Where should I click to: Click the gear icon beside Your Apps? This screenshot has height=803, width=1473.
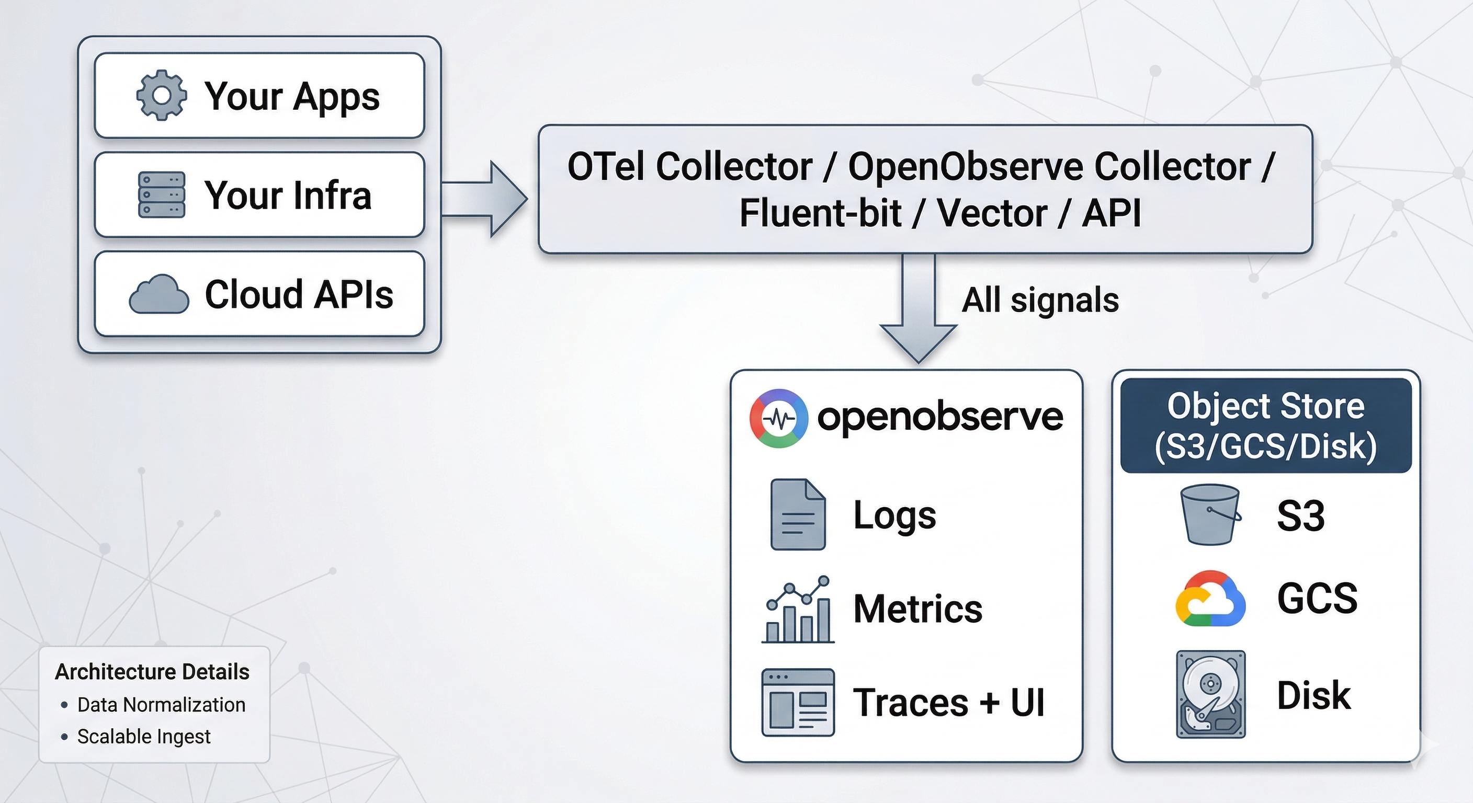pyautogui.click(x=161, y=96)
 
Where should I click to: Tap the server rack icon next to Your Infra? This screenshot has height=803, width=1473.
pyautogui.click(x=161, y=195)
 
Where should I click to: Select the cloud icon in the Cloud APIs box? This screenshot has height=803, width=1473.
pyautogui.click(x=159, y=294)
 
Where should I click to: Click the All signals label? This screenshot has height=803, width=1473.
pyautogui.click(x=1039, y=300)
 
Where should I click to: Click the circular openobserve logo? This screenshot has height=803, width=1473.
pyautogui.click(x=778, y=418)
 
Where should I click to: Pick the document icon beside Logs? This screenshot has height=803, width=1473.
pyautogui.click(x=798, y=514)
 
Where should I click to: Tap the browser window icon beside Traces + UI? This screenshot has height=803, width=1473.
pyautogui.click(x=798, y=703)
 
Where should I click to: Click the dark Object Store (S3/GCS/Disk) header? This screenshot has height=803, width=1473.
pyautogui.click(x=1265, y=425)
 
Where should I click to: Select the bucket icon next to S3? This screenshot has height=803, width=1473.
pyautogui.click(x=1210, y=514)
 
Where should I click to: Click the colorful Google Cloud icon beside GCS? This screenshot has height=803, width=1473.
pyautogui.click(x=1210, y=599)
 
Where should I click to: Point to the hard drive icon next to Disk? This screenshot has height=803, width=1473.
pyautogui.click(x=1210, y=694)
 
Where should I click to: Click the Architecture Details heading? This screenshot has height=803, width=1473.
pyautogui.click(x=152, y=672)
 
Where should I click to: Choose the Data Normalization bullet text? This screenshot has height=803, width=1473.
pyautogui.click(x=161, y=705)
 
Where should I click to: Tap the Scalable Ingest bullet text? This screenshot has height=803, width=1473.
pyautogui.click(x=143, y=737)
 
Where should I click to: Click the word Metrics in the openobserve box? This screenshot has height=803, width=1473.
pyautogui.click(x=917, y=609)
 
